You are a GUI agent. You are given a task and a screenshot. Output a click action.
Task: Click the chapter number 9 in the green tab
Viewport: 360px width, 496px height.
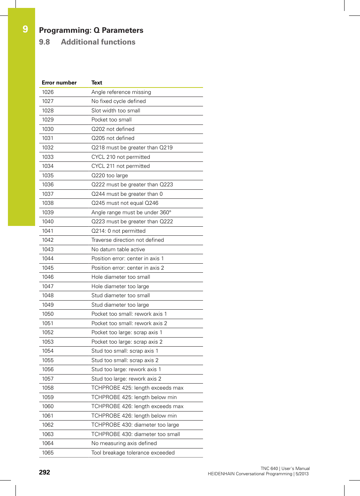pyautogui.click(x=25, y=29)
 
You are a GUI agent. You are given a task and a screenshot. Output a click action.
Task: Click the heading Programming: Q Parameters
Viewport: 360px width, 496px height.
pyautogui.click(x=91, y=31)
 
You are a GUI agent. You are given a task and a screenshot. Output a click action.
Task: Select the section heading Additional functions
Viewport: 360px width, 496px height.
pyautogui.click(x=98, y=42)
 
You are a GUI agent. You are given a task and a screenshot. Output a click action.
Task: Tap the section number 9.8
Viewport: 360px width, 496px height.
pyautogui.click(x=45, y=42)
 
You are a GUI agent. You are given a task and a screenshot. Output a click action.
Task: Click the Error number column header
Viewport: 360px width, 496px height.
pyautogui.click(x=59, y=83)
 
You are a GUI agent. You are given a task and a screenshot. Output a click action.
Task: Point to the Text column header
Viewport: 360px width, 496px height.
pyautogui.click(x=97, y=83)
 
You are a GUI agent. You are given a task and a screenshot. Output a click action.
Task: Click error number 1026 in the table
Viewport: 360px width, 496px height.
pyautogui.click(x=48, y=92)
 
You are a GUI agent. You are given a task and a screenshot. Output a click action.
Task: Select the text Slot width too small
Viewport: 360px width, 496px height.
pyautogui.click(x=115, y=111)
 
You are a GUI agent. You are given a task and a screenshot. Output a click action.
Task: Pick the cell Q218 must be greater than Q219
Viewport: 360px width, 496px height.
pyautogui.click(x=132, y=147)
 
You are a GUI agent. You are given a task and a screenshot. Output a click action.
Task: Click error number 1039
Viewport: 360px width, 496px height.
pyautogui.click(x=48, y=212)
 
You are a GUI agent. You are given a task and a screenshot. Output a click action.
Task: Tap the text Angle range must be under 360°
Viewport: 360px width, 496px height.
pyautogui.click(x=131, y=212)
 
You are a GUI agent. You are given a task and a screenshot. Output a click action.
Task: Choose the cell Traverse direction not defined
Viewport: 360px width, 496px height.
pyautogui.click(x=128, y=240)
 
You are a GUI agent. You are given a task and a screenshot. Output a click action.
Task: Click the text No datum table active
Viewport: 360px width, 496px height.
pyautogui.click(x=118, y=249)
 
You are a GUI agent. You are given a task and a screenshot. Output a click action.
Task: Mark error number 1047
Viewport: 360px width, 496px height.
pyautogui.click(x=48, y=286)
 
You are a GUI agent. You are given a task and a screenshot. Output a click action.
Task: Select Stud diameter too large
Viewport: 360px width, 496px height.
pyautogui.click(x=120, y=305)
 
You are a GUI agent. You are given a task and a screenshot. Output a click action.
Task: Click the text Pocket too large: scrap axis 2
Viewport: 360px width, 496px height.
pyautogui.click(x=127, y=342)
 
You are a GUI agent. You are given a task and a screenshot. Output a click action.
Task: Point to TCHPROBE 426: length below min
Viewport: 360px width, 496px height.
pyautogui.click(x=134, y=416)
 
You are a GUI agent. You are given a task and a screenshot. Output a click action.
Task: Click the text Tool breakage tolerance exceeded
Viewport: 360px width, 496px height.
pyautogui.click(x=133, y=453)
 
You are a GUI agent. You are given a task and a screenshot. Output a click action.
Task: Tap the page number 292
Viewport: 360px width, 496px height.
pyautogui.click(x=45, y=472)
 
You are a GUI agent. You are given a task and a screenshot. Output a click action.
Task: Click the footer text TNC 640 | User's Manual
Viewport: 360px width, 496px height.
pyautogui.click(x=285, y=468)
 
